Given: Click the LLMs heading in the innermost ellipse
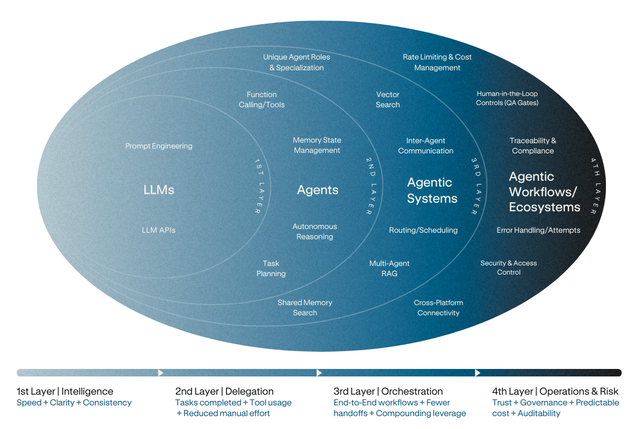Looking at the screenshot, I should (159, 190).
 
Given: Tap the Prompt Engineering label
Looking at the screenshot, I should (159, 146).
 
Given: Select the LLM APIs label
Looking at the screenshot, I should (158, 230).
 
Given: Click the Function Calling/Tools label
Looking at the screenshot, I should (262, 100).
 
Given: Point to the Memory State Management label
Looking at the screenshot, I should (317, 145).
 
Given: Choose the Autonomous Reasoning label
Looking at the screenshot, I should (315, 232).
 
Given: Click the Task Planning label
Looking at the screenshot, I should (271, 269).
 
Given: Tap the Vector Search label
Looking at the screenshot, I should (387, 100).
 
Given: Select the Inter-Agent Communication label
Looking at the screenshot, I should (426, 146).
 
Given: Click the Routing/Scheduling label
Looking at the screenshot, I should (423, 230).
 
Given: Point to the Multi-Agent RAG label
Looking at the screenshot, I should (389, 269).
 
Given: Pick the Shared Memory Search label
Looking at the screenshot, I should (305, 308).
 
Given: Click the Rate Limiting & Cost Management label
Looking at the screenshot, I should (437, 62).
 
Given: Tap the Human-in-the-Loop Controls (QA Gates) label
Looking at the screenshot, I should (507, 98).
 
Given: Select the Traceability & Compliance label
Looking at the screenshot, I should (533, 146).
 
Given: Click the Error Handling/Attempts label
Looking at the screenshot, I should (538, 230).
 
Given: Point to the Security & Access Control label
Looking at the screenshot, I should (509, 268).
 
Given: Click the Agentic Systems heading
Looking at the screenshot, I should (432, 190).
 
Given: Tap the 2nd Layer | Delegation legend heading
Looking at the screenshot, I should (224, 391).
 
